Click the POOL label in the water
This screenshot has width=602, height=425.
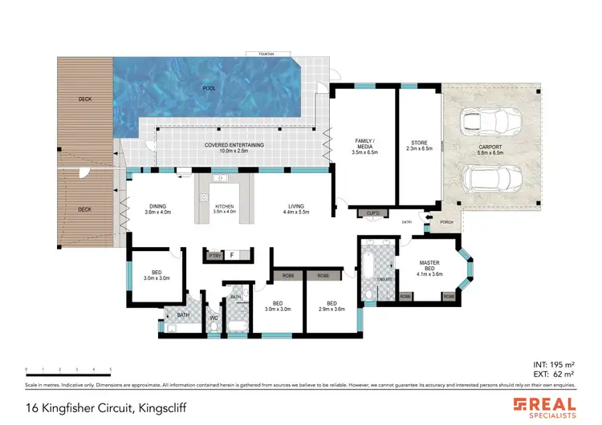click(209, 87)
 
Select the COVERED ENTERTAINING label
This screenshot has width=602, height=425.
click(234, 148)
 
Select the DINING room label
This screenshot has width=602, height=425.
click(158, 208)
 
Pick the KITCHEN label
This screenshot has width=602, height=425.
click(225, 208)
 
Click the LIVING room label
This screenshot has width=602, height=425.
click(296, 208)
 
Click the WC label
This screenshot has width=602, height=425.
click(214, 318)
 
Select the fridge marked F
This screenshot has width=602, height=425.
click(232, 256)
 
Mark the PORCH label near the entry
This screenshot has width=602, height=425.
click(446, 224)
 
